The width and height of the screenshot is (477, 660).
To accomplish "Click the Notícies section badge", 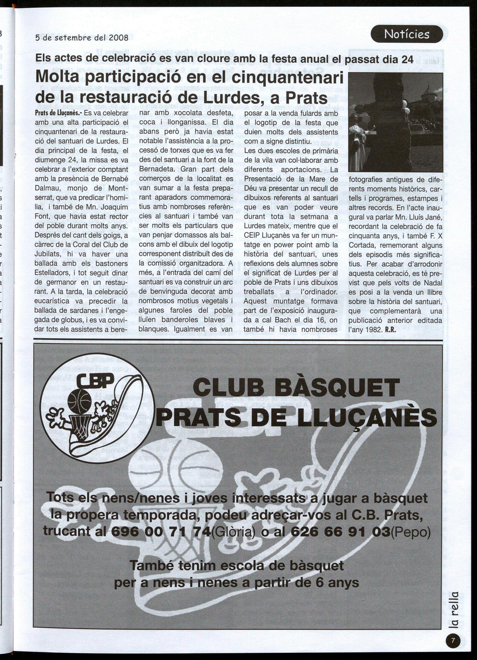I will (407, 34).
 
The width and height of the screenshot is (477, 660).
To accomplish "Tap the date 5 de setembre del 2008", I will (82, 38).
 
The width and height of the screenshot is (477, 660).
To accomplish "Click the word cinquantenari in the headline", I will (288, 78).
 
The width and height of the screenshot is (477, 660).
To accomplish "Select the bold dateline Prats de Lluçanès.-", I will (58, 113).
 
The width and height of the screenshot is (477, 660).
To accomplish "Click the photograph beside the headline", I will (395, 122).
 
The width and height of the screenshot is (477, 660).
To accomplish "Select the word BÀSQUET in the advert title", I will (337, 388).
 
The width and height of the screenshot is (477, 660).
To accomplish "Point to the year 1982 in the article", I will (372, 330).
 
